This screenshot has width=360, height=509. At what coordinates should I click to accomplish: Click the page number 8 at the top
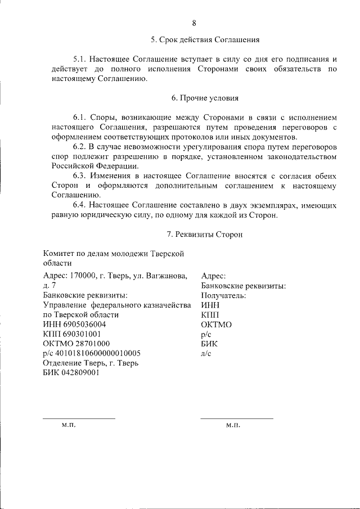[x=194, y=23]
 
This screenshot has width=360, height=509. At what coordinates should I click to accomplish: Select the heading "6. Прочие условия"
[x=205, y=98]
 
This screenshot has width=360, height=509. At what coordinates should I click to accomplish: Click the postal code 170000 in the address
[x=85, y=276]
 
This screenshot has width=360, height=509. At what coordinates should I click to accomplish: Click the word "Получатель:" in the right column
[x=223, y=295]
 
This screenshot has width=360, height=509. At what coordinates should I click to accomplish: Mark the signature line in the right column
[x=237, y=418]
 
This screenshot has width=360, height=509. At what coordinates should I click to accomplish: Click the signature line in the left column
[x=79, y=418]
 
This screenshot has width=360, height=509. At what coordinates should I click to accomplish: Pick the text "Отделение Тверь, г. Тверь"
[x=91, y=363]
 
